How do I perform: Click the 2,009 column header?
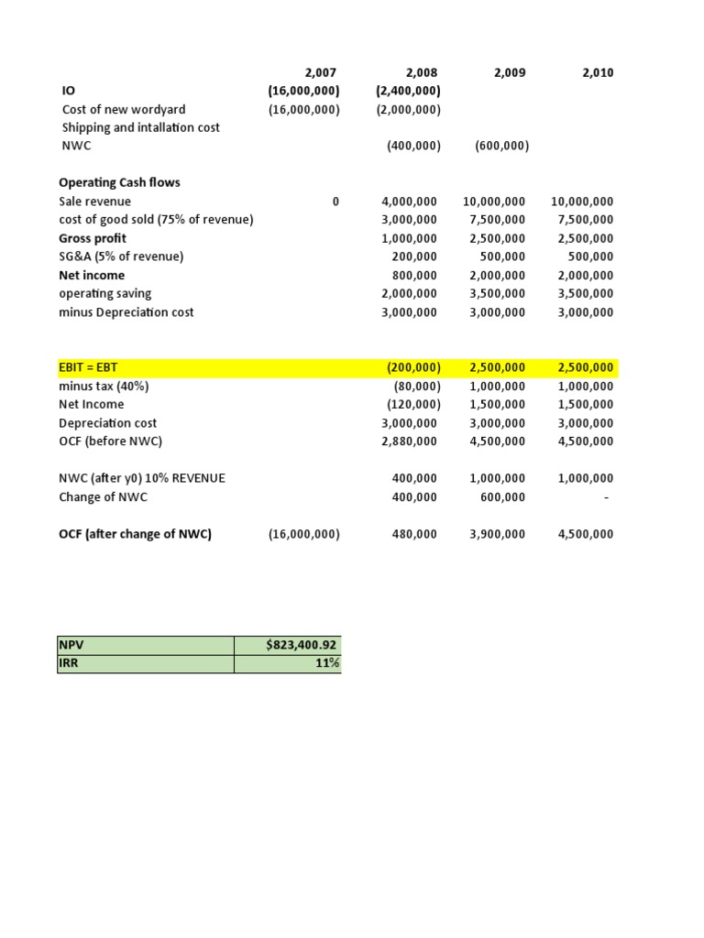click(510, 73)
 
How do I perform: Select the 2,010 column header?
click(598, 73)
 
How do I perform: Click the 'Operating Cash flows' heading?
click(119, 182)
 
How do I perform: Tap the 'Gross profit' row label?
click(92, 238)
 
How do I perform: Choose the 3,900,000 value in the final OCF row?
click(497, 534)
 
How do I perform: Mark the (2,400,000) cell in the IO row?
click(408, 91)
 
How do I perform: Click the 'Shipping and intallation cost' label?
click(139, 127)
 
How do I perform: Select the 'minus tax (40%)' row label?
click(104, 386)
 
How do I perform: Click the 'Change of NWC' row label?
click(103, 497)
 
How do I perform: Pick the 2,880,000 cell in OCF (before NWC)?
click(409, 442)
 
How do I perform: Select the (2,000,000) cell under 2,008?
click(408, 109)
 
